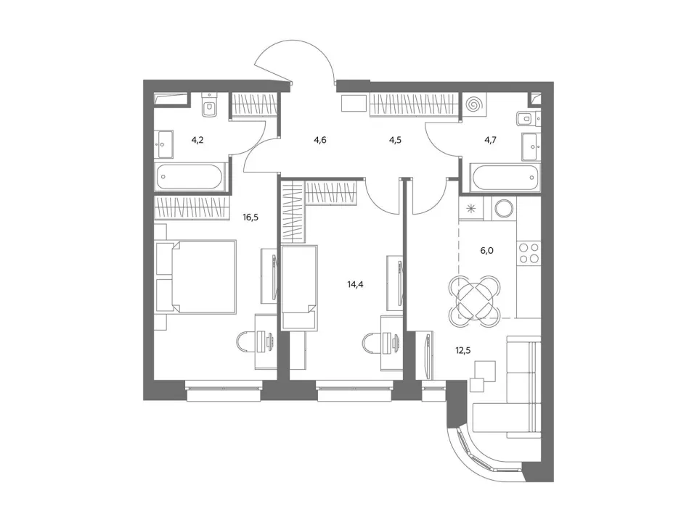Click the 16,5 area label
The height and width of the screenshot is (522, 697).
pyautogui.click(x=250, y=217)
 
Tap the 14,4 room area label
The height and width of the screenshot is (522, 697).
pyautogui.click(x=355, y=284)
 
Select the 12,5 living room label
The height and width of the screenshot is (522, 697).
pyautogui.click(x=462, y=351)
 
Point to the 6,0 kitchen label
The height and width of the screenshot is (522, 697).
pyautogui.click(x=486, y=251)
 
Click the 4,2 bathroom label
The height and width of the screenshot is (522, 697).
pyautogui.click(x=197, y=140)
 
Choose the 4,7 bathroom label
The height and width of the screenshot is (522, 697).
pyautogui.click(x=490, y=140)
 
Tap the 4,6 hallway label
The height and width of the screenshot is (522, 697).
pyautogui.click(x=320, y=140)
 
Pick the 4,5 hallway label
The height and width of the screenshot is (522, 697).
pyautogui.click(x=395, y=140)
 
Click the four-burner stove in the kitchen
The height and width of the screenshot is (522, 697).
pyautogui.click(x=529, y=253)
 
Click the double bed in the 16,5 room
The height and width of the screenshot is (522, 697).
pyautogui.click(x=195, y=277)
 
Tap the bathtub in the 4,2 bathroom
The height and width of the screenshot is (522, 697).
pyautogui.click(x=189, y=177)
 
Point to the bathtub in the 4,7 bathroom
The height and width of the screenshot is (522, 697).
pyautogui.click(x=505, y=177)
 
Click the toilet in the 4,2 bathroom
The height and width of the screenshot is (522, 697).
pyautogui.click(x=208, y=105)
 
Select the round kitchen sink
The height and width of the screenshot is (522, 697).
pyautogui.click(x=504, y=208)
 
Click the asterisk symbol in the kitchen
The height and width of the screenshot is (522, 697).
pyautogui.click(x=470, y=208)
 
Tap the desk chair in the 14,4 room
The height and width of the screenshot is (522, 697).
pyautogui.click(x=372, y=344)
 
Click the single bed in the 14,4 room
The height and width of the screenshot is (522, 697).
pyautogui.click(x=300, y=288)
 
